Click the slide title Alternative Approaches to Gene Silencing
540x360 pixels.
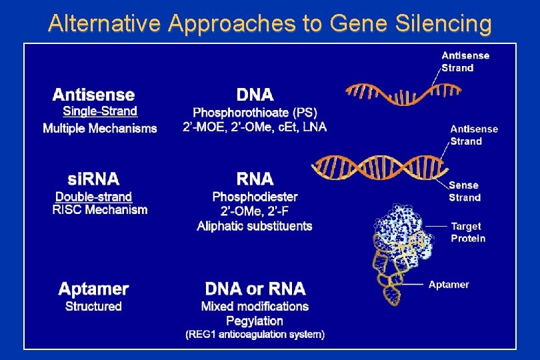coord(270,24)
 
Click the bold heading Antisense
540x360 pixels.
coord(93,95)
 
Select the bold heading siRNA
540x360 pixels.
coord(93,179)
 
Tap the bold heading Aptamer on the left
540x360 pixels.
coord(93,289)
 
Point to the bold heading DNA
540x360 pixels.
coord(255,95)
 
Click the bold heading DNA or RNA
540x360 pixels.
coord(255,289)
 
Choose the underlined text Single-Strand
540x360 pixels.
coord(100,112)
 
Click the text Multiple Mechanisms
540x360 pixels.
coord(100,128)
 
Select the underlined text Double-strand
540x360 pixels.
coord(93,197)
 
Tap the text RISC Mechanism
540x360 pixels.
coord(100,210)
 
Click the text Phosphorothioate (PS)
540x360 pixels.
coord(255,113)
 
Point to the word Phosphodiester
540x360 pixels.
coord(255,197)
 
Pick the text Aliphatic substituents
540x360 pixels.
coord(255,226)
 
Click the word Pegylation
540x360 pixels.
coord(255,321)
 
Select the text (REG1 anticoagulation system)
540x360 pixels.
coord(255,335)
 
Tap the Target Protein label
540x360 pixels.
coord(468,233)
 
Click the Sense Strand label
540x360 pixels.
coord(465,191)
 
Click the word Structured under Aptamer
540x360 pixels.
coord(93,307)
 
